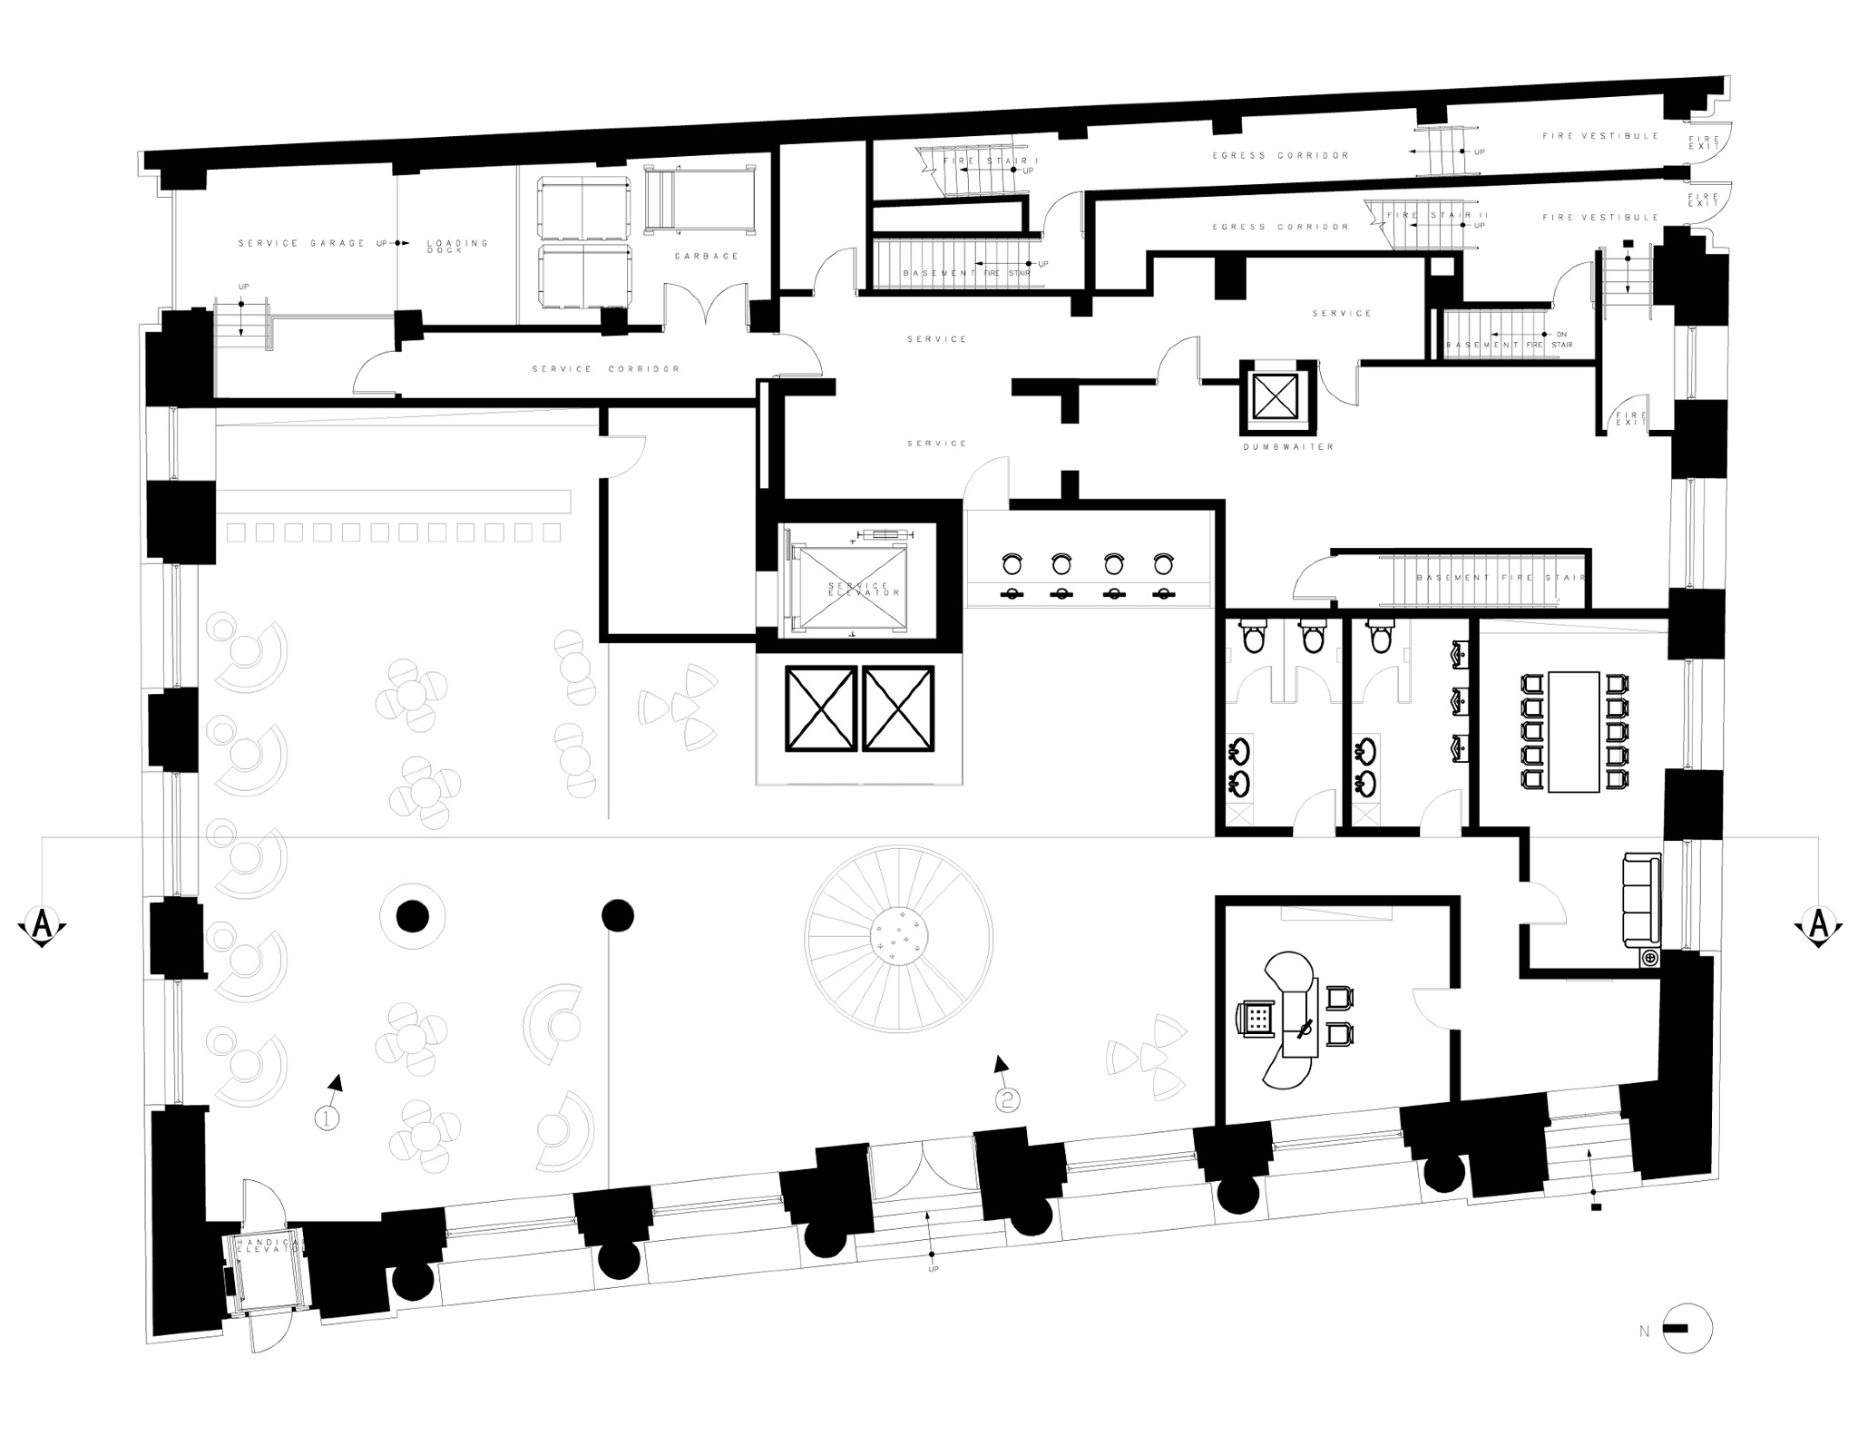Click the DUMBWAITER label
pyautogui.click(x=1288, y=447)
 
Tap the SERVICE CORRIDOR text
pyautogui.click(x=605, y=369)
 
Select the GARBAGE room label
pyautogui.click(x=707, y=257)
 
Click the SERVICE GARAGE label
pyautogui.click(x=302, y=243)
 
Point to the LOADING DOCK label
pyautogui.click(x=457, y=246)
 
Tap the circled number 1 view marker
pyautogui.click(x=327, y=1118)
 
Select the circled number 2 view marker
pyautogui.click(x=1008, y=1099)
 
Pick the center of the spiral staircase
pyautogui.click(x=898, y=939)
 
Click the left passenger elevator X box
pyautogui.click(x=821, y=709)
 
